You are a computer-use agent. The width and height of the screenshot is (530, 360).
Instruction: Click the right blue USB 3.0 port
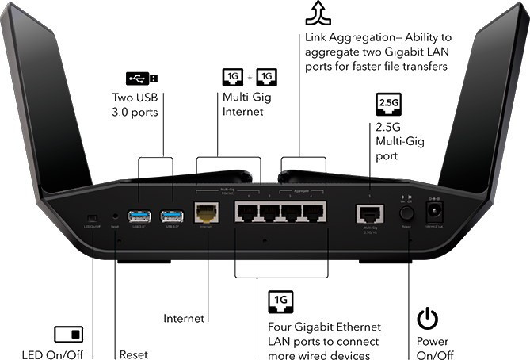tap(171, 214)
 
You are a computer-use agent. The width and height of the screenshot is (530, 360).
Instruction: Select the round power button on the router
tap(407, 213)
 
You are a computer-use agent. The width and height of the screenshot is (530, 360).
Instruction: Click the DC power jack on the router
tap(434, 212)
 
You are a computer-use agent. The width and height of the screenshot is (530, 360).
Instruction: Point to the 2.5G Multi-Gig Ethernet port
tap(369, 213)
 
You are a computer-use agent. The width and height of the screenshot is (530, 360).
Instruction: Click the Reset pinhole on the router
tap(116, 215)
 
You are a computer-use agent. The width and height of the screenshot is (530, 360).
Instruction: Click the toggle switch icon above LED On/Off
tap(68, 334)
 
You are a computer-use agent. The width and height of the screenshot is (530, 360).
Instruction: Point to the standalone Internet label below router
tap(184, 318)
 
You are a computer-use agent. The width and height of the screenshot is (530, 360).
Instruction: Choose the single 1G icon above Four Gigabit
tap(281, 300)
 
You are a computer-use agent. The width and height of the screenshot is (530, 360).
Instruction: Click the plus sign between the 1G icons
tap(251, 78)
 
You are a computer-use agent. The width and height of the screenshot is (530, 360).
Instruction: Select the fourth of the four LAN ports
tap(314, 212)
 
